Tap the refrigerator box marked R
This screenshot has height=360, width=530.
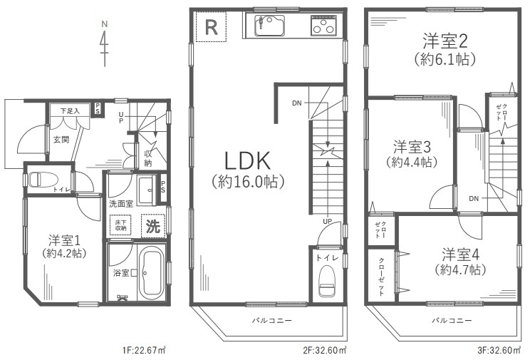tap(211, 28)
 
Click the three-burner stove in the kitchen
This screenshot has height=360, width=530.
tap(324, 28)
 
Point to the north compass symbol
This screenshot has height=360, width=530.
tap(105, 44)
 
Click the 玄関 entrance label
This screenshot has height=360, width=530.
tap(61, 139)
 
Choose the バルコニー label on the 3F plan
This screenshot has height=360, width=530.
tap(452, 321)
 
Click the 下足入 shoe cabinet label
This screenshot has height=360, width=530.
tap(69, 111)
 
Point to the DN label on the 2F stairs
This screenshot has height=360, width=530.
tap(296, 103)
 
